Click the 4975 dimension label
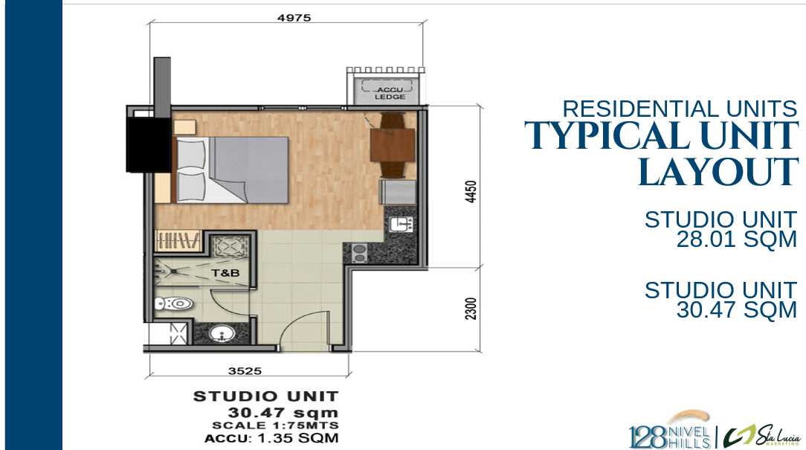tap(294, 18)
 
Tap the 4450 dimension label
tap(471, 191)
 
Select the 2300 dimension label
tap(471, 309)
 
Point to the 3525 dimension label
tap(245, 371)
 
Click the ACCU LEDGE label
tap(390, 93)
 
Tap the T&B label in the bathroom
tap(225, 272)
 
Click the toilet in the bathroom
tap(174, 303)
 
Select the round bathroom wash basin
tap(222, 334)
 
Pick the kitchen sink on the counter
tap(401, 224)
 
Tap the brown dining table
tap(393, 145)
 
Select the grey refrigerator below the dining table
tap(397, 192)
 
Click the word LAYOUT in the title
tap(718, 173)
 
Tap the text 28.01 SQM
tap(737, 240)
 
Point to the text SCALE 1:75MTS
tap(276, 425)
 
